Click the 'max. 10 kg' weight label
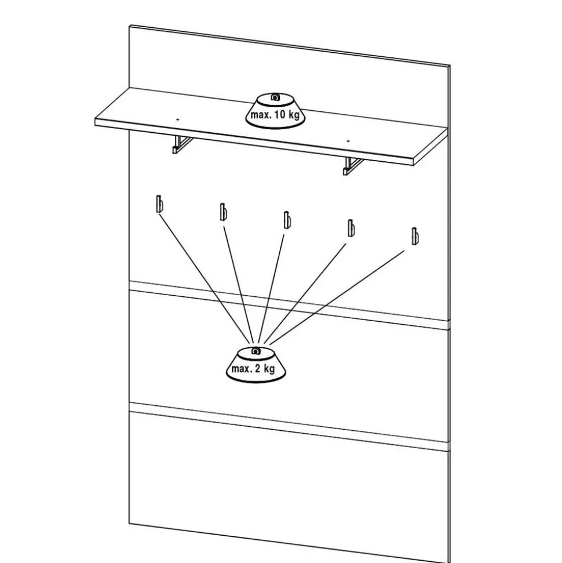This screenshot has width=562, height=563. point(275,115)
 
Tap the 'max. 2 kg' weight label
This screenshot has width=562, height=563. point(253,369)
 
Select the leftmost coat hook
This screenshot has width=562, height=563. point(159,205)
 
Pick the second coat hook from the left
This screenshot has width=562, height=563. point(222,212)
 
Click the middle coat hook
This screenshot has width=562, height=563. point(286,220)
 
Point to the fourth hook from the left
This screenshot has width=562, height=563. point(350,227)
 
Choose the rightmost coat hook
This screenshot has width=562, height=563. point(414,235)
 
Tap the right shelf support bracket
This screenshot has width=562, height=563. point(352,165)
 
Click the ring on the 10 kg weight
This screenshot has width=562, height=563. point(276,97)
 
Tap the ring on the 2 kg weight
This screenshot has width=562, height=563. point(256,351)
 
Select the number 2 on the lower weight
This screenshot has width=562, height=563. point(257,369)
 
